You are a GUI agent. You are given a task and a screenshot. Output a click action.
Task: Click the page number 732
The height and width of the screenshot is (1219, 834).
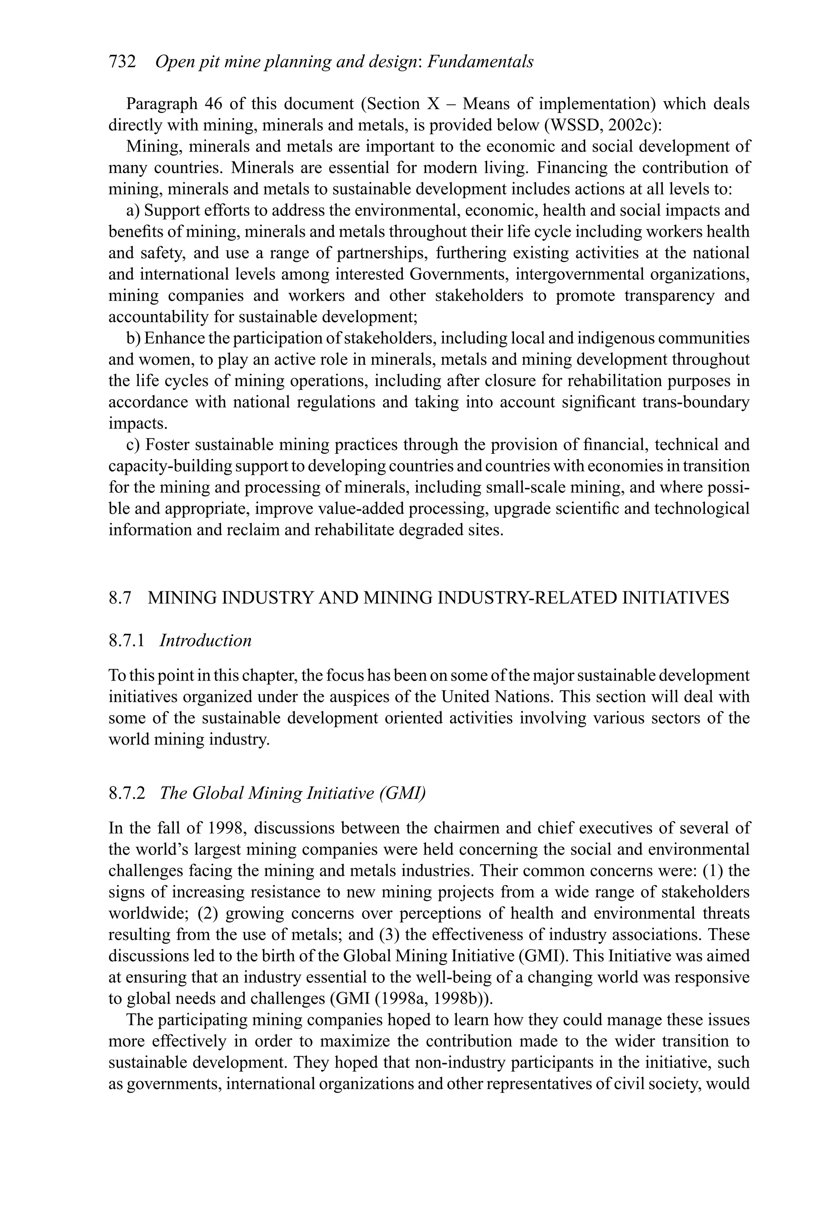122,62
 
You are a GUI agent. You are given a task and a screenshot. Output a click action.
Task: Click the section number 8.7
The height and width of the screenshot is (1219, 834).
120,598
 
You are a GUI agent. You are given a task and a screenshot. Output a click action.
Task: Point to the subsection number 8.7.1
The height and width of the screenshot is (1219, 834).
126,640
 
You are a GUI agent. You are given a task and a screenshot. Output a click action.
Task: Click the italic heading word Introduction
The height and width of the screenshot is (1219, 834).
205,640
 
